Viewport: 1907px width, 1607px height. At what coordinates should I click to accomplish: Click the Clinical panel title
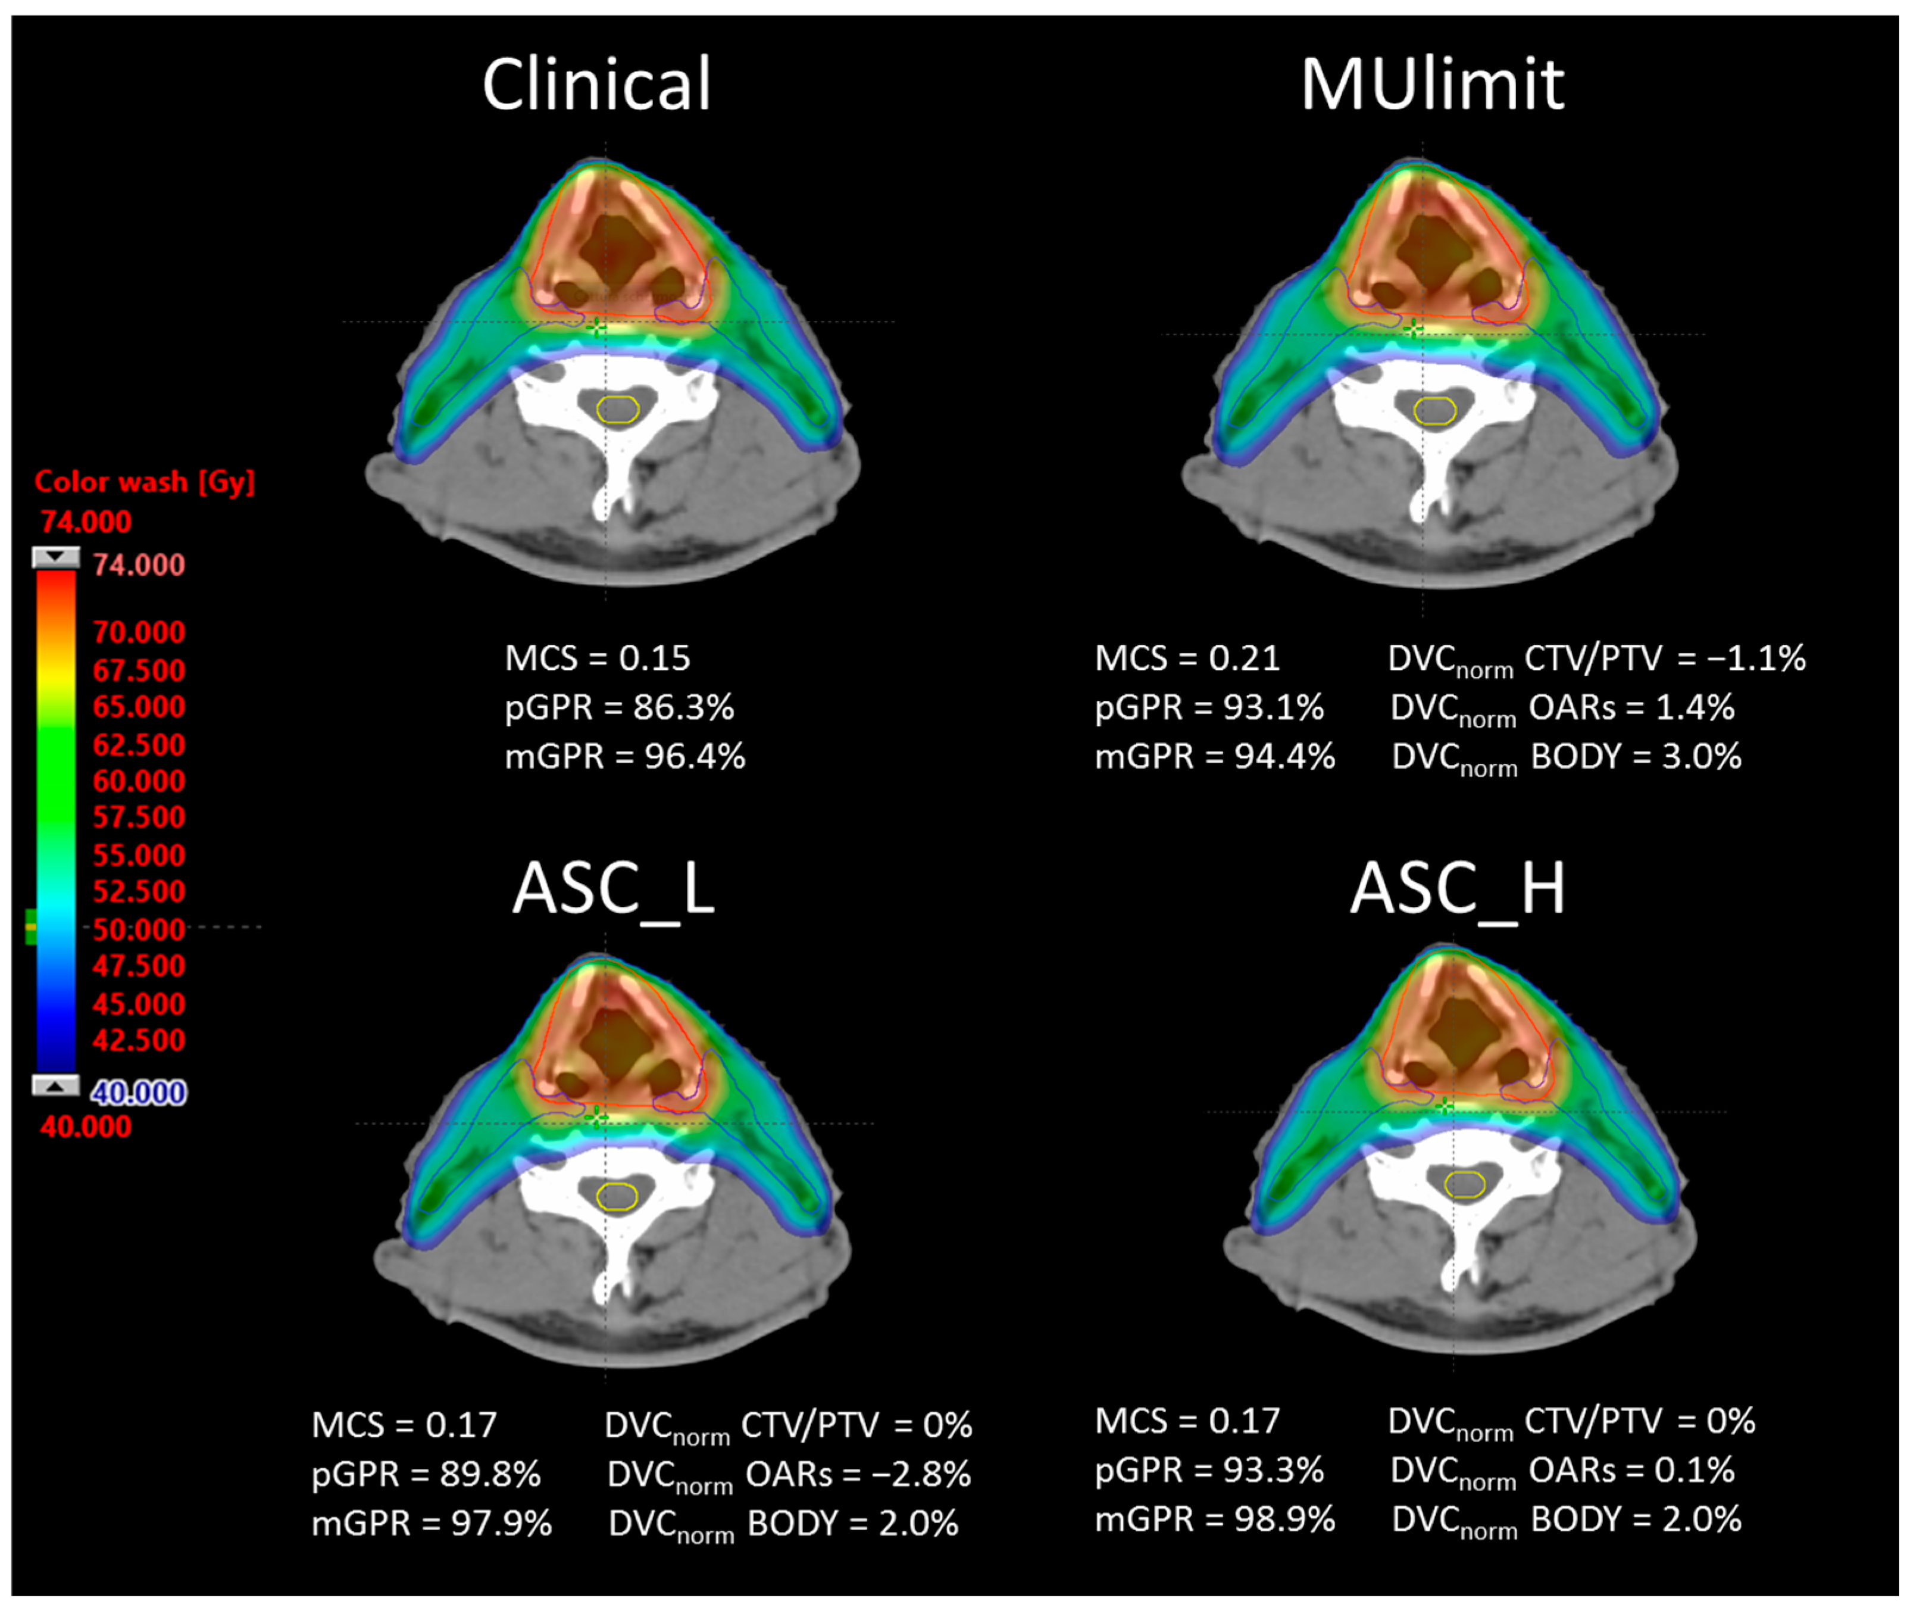[x=596, y=85]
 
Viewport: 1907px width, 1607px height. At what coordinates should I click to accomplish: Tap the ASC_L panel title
[x=613, y=888]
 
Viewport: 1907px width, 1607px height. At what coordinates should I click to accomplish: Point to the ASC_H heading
[x=1457, y=888]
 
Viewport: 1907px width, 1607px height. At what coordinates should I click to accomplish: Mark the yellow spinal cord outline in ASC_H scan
[x=1464, y=1184]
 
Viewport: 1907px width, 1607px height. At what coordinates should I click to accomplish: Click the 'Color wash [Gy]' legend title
[x=144, y=481]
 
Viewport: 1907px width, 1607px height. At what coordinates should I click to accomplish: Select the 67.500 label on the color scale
[x=139, y=670]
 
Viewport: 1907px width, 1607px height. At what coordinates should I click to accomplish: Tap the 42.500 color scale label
[x=139, y=1040]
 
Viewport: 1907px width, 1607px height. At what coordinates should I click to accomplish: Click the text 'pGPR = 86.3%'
[x=619, y=707]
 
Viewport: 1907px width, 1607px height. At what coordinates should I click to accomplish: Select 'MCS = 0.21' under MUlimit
[x=1187, y=658]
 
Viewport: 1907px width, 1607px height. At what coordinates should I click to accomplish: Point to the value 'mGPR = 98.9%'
[x=1215, y=1519]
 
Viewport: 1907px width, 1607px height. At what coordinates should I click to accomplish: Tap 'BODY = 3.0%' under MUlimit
[x=1636, y=756]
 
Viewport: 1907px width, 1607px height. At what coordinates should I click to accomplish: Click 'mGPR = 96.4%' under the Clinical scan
[x=625, y=756]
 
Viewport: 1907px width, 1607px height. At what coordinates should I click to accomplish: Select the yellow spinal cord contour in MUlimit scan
[x=1434, y=411]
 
